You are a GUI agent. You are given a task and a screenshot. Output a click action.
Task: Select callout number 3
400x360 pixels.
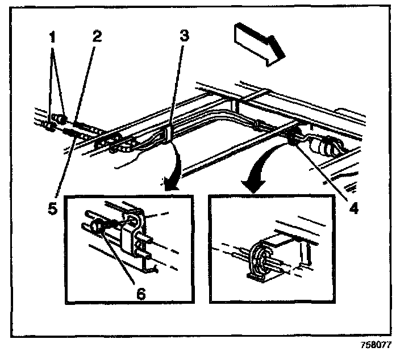[182, 36]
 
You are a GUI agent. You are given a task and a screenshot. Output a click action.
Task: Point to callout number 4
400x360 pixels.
[353, 208]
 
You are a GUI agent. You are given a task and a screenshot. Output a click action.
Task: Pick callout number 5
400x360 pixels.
[52, 208]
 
